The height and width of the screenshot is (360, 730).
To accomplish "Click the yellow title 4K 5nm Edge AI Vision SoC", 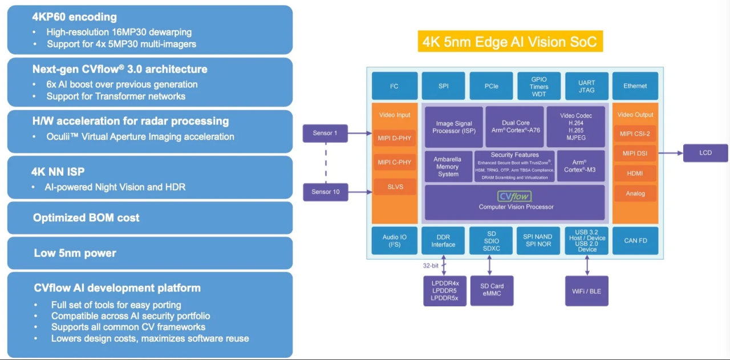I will [510, 42].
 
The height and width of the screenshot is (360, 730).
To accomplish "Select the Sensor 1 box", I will [325, 134].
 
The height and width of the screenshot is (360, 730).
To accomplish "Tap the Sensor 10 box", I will [325, 192].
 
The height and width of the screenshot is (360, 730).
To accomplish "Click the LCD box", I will [705, 153].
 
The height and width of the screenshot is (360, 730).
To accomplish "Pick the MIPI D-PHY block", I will [395, 137].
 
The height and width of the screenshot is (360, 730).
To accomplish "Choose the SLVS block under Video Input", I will [395, 187].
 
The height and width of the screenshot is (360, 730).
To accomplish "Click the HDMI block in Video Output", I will [635, 173].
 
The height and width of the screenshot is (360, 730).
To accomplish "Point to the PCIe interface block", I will [491, 86].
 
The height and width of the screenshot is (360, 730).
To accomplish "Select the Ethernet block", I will [635, 86].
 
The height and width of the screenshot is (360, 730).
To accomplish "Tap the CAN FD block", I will [635, 241].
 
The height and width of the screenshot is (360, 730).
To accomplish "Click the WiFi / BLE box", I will [586, 292].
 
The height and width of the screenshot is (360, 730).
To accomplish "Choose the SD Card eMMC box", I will [492, 290].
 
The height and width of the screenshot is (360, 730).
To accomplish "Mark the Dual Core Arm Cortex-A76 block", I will [515, 127].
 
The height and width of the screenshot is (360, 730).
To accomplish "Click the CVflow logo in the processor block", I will [514, 196].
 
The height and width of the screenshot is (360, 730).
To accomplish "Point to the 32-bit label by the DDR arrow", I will [431, 265].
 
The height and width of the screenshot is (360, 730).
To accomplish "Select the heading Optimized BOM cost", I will [86, 218].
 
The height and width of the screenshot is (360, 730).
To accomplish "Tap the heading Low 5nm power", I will [75, 253].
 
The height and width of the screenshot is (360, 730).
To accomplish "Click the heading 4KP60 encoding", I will [74, 17].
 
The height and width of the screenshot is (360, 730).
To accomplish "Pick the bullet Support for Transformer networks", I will [116, 96].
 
